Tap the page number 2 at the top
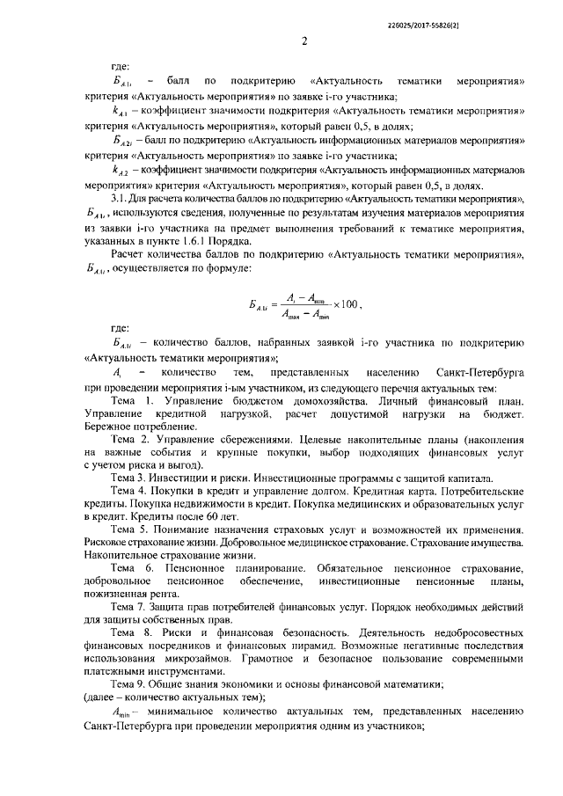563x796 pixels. [303, 41]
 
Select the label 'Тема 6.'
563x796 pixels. [130, 570]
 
